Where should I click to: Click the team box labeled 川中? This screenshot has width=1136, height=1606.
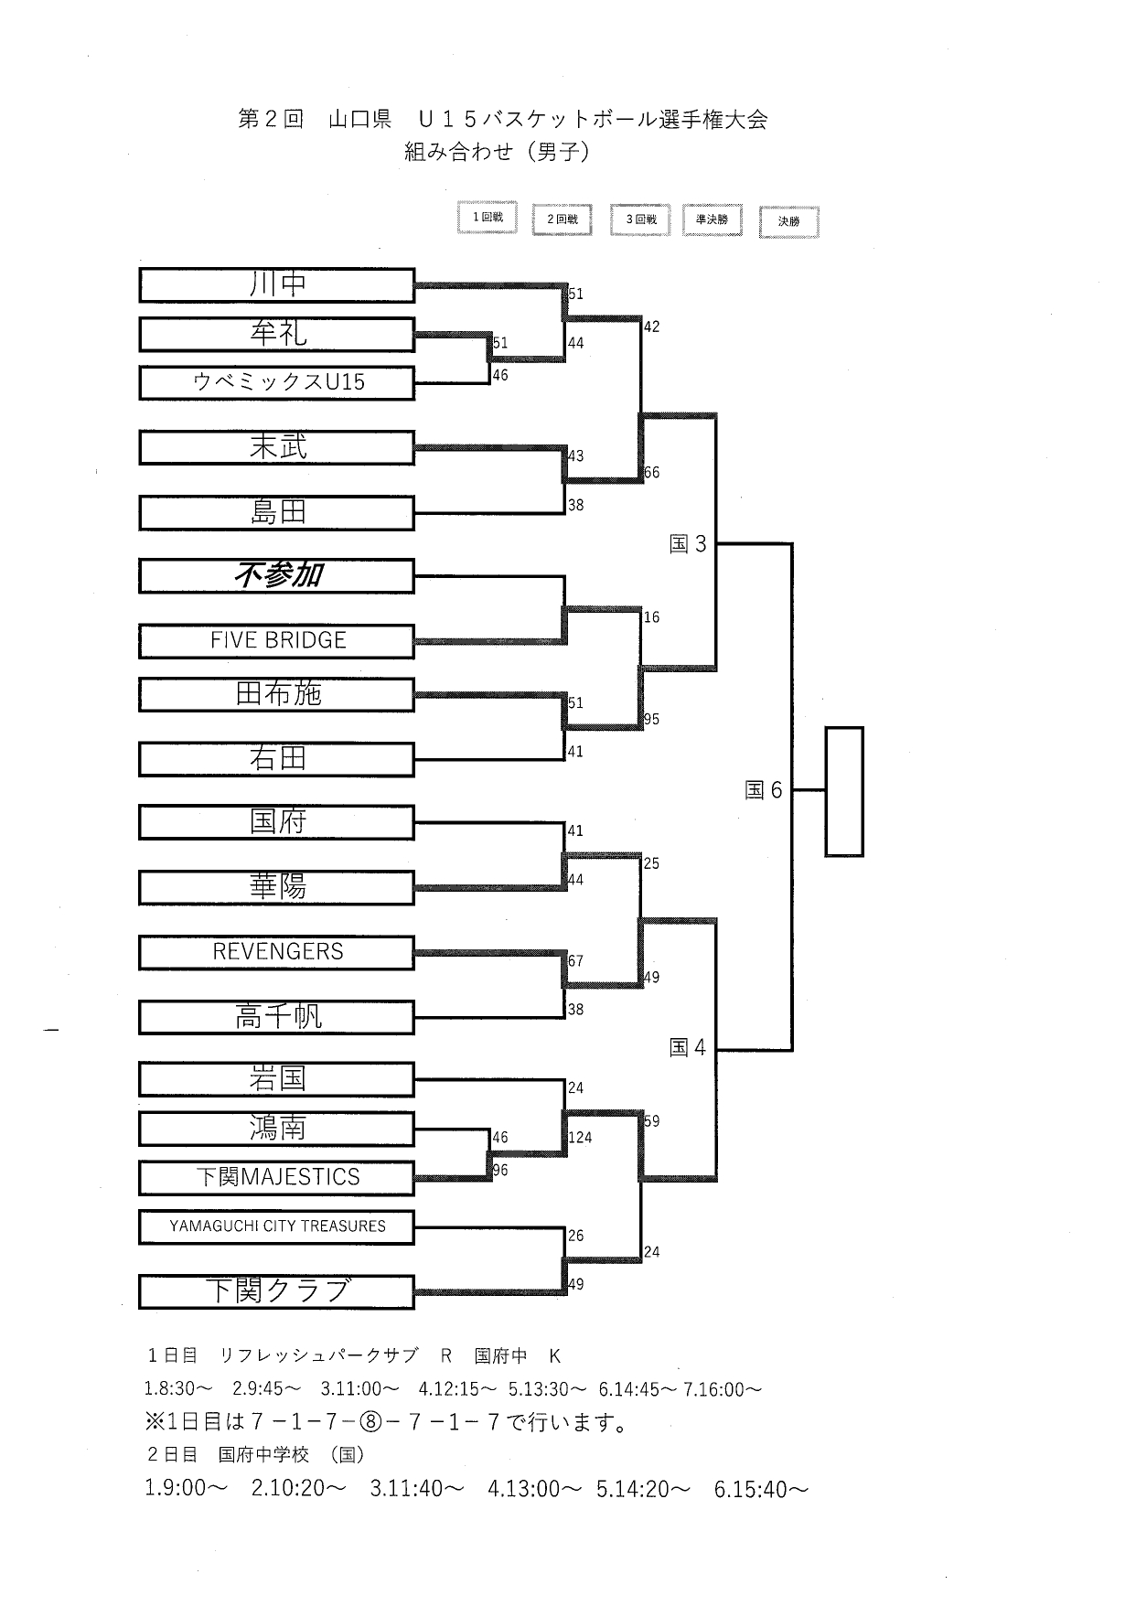click(277, 285)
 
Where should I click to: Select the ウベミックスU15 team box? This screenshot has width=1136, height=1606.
click(277, 383)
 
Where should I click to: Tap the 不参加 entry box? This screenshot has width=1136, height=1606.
click(277, 576)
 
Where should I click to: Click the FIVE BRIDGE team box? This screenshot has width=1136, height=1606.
click(277, 641)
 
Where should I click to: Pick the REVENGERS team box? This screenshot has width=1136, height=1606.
click(277, 952)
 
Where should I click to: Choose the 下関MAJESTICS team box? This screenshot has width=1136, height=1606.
click(277, 1178)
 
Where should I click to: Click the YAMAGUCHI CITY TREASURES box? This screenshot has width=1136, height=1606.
click(277, 1227)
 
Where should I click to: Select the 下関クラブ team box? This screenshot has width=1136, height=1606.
click(277, 1292)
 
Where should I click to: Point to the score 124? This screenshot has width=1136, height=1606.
click(580, 1139)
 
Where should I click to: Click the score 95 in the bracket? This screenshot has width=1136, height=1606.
click(651, 720)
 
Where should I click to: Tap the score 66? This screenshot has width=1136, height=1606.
click(651, 473)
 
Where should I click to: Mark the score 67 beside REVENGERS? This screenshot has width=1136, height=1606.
click(575, 961)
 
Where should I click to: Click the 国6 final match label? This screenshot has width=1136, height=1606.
click(764, 790)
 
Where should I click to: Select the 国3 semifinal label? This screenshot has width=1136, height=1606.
click(689, 545)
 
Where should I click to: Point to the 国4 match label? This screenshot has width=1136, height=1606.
click(688, 1048)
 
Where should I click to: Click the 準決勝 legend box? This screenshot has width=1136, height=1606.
click(712, 220)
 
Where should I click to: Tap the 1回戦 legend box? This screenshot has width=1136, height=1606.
click(488, 218)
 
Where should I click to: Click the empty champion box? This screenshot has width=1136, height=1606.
click(843, 792)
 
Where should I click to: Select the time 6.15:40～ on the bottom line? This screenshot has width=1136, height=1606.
click(761, 1490)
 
